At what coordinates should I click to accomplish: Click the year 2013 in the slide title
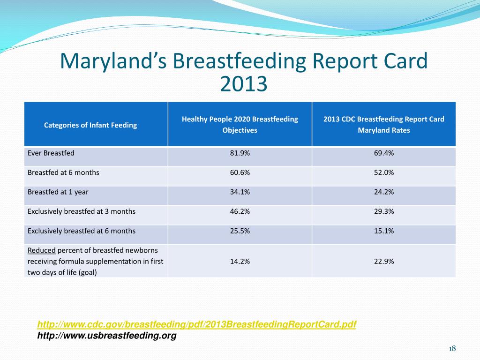tap(243, 84)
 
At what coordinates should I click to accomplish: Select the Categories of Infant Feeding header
tap(90, 125)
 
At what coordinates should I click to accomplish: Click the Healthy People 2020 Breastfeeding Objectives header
tap(240, 125)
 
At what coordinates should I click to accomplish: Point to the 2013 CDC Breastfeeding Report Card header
tap(383, 125)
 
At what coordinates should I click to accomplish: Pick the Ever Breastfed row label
tap(51, 153)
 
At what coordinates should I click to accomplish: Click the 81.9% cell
tap(240, 153)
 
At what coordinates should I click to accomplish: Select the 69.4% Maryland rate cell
tap(383, 153)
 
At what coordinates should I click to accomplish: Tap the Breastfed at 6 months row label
tap(64, 172)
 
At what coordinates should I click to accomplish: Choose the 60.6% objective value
tap(240, 172)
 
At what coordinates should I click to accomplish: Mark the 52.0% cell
tap(383, 172)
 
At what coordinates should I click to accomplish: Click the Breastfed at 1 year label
tap(58, 192)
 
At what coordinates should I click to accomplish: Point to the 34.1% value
tap(240, 192)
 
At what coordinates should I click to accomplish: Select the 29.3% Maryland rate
tap(383, 211)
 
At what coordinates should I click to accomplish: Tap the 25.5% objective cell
tap(240, 231)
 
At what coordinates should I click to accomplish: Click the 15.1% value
tap(383, 231)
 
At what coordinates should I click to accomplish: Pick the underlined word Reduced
tap(42, 250)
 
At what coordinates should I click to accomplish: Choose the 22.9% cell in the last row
tap(383, 262)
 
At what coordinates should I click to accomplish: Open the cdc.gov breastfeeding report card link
tap(196, 325)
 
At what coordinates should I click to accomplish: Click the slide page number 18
tap(452, 348)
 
